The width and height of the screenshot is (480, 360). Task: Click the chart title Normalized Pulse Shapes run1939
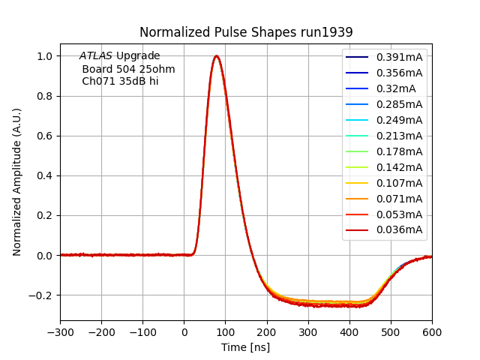tap(246, 32)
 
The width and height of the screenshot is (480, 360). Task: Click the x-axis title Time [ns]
tap(245, 347)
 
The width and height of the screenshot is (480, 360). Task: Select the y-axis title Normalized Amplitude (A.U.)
tap(17, 181)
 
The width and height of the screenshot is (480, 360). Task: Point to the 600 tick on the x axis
tap(432, 331)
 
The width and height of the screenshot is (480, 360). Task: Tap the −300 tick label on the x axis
tap(60, 331)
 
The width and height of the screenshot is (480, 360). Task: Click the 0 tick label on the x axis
tap(184, 331)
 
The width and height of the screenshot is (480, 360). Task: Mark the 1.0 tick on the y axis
tap(44, 56)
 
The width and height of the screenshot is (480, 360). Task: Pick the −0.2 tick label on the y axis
tap(41, 295)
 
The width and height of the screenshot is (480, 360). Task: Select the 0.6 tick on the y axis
tap(44, 136)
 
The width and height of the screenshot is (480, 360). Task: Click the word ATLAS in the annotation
tap(96, 56)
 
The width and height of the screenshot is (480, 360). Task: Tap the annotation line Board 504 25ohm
tap(128, 69)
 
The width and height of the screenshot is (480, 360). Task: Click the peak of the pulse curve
tap(216, 55)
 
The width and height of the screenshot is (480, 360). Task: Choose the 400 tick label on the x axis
tap(349, 331)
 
